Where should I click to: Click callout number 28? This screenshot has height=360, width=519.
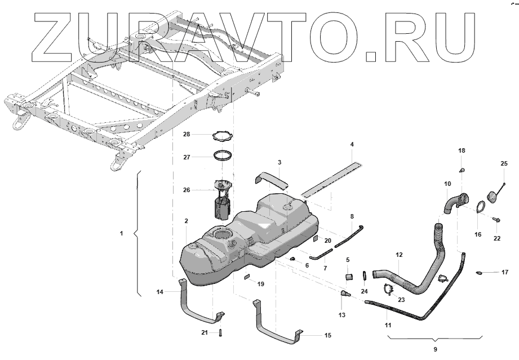[187, 134]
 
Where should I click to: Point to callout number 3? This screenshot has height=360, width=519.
[279, 163]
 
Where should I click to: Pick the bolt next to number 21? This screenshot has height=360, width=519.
[219, 333]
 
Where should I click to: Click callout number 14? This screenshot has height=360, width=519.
[160, 292]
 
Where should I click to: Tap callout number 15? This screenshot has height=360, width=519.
[327, 336]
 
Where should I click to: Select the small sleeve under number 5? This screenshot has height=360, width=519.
[348, 277]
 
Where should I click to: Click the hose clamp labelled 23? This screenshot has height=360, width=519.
[388, 290]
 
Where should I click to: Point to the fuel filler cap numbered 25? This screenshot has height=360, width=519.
[493, 195]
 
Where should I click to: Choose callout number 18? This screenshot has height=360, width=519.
[462, 151]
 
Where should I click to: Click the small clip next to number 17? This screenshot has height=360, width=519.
[479, 273]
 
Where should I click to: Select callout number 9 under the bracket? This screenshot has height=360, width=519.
[435, 349]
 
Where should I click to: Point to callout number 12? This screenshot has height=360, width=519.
[399, 255]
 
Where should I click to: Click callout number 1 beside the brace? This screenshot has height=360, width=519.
[121, 233]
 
